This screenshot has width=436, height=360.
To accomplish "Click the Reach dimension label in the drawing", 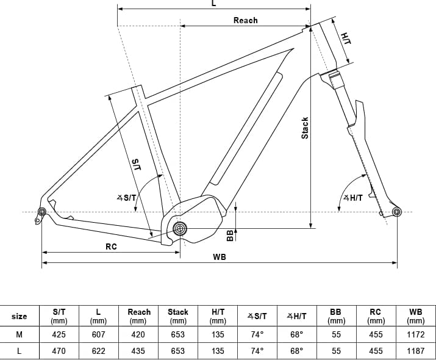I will coord(245,20).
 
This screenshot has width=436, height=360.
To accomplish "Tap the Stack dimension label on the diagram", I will coord(305,128).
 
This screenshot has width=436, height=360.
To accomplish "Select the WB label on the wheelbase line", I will coord(220,257).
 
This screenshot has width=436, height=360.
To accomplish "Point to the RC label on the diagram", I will coord(111,247).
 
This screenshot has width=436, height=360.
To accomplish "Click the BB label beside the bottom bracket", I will coord(230,235).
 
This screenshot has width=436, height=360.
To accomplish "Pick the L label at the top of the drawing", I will coord(213,4).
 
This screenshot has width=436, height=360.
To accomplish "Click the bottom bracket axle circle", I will coord(180,229).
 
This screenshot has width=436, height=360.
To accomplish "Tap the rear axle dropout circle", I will coord(42,212).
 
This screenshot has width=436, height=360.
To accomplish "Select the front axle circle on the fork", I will coord(397,212).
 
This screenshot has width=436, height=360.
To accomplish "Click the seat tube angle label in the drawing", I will coord(126,197).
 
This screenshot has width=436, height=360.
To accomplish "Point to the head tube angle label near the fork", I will coord(353,197).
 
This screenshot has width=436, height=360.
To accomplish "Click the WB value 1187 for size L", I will coord(415,351).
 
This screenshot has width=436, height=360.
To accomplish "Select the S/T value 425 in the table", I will coord(59,334).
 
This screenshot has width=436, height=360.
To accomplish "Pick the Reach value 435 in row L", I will coord(138,351).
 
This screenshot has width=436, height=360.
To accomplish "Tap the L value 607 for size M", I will coord(98,334).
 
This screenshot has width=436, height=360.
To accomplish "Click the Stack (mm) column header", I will coord(178,315).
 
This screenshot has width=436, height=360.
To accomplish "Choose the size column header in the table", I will coord(20,316).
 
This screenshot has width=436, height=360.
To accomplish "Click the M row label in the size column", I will coord(20,334).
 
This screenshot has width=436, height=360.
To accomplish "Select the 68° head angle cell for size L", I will coord(296,351).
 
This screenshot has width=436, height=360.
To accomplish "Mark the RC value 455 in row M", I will coord(376,334).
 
